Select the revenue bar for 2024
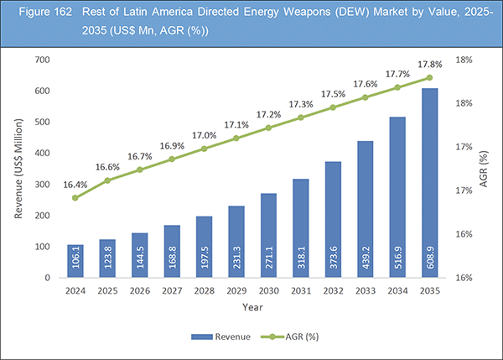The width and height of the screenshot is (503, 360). pos(75,261)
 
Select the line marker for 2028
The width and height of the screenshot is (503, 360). pos(204,149)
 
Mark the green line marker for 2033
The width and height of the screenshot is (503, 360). pos(365,97)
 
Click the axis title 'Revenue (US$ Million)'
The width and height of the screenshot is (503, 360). pos(18,168)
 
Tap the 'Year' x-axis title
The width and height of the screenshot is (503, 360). pos(252,308)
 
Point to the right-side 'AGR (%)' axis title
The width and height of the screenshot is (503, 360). pos(484,168)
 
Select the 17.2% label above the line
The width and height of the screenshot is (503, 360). pos(268,113)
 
